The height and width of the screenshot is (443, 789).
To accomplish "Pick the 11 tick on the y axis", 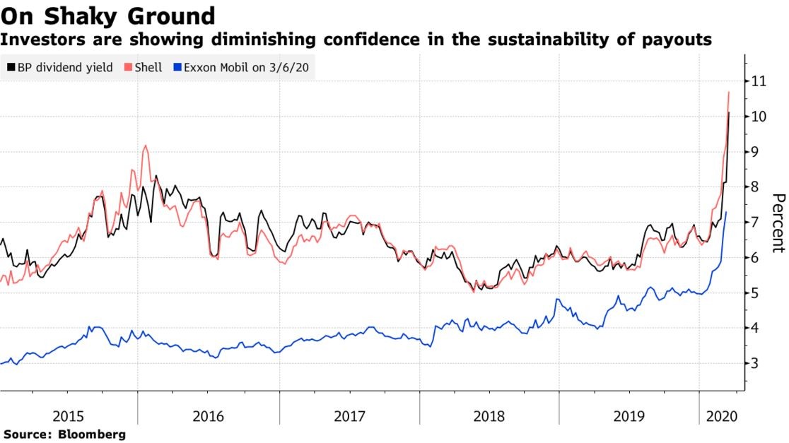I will click(x=759, y=81).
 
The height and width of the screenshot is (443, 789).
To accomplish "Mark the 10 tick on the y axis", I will click(x=759, y=117).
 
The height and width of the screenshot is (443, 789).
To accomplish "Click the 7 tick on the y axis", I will click(x=755, y=223).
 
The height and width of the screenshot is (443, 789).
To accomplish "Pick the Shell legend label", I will click(x=147, y=68).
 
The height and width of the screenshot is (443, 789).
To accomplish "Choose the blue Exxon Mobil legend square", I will click(x=177, y=68).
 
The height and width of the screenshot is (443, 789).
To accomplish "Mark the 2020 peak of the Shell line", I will click(x=728, y=93).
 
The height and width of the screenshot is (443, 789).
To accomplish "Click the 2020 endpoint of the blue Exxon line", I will click(x=726, y=212).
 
